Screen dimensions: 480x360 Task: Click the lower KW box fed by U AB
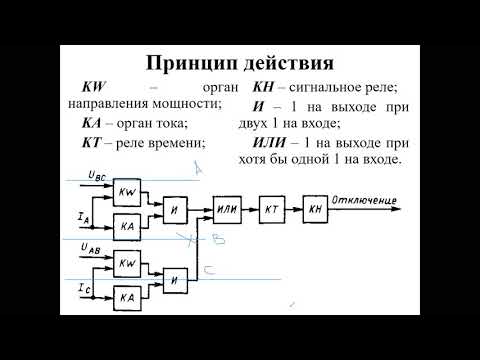(127, 263)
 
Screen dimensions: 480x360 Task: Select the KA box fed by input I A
(127, 227)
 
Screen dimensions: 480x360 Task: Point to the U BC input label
(98, 176)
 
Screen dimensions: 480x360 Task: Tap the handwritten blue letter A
(198, 172)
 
